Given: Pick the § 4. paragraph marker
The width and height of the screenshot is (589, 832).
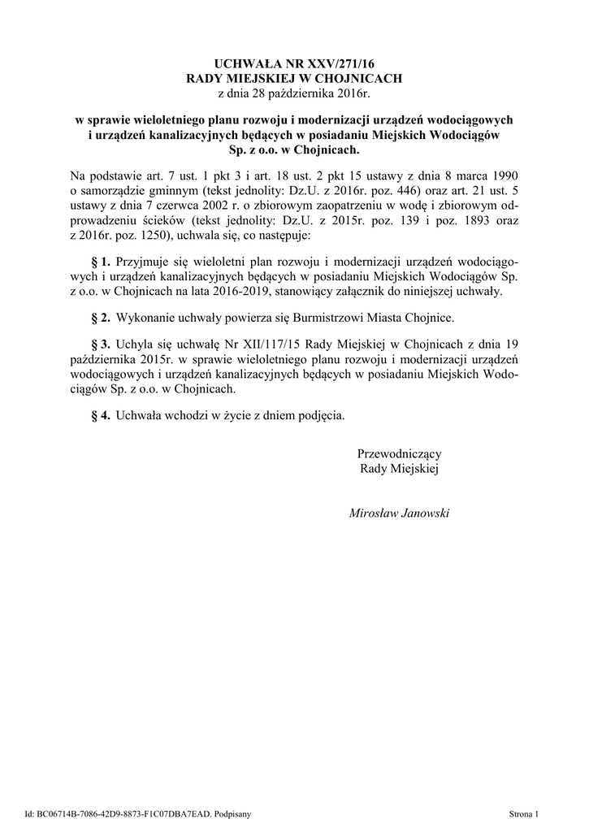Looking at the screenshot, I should (100, 415).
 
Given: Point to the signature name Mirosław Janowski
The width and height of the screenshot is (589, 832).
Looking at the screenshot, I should (399, 513).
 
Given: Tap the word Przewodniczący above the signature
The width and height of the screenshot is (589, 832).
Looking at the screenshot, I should (399, 453).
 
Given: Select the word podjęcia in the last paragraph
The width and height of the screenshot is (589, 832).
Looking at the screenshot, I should (320, 415).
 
